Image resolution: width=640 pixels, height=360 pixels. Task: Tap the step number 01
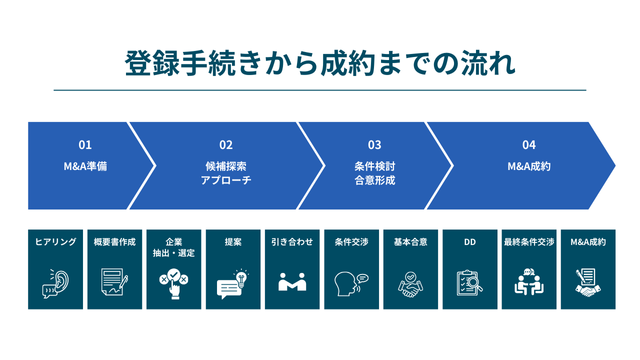[x=85, y=144]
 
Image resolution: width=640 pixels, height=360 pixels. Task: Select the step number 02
[x=226, y=144]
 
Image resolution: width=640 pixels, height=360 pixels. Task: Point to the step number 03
[x=374, y=144]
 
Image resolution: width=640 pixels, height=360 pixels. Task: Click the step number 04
[x=528, y=144]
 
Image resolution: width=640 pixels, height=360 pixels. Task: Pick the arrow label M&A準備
[x=85, y=166]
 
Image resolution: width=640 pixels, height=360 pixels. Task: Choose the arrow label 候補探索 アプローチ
[x=226, y=173]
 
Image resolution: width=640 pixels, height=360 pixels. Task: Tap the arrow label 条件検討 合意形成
[x=374, y=173]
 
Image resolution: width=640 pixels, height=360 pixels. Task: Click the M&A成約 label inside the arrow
[x=528, y=166]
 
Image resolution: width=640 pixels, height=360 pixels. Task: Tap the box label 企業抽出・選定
[x=173, y=247]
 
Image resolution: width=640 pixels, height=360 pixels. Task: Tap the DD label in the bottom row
[x=469, y=242]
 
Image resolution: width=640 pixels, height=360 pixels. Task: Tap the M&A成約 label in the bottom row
[x=587, y=242]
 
